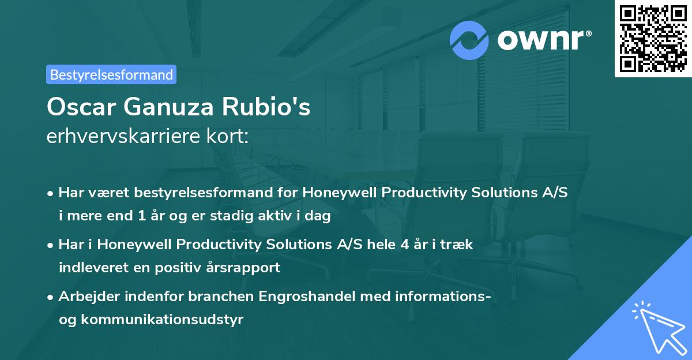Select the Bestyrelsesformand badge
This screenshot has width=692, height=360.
(111, 74)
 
